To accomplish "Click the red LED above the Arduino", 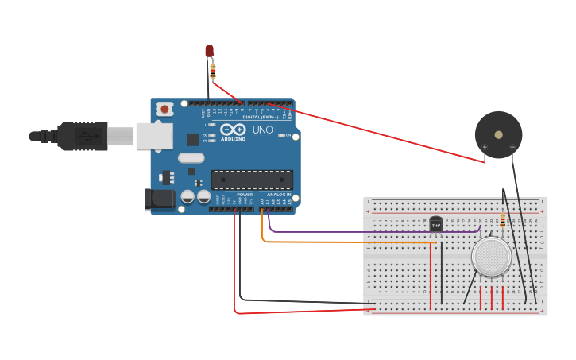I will click(x=209, y=51).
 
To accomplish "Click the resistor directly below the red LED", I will click(x=212, y=72).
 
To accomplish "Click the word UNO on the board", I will click(x=262, y=130).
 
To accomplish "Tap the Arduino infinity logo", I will click(x=233, y=130).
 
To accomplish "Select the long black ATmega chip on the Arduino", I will click(x=252, y=180).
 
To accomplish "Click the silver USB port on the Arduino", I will click(x=153, y=136).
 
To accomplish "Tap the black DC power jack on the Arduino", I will click(x=159, y=199).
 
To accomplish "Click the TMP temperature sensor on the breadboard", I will click(x=435, y=224).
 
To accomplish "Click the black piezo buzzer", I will click(x=498, y=134).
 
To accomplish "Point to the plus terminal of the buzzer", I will click(x=485, y=147).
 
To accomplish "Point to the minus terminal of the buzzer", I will click(x=512, y=147).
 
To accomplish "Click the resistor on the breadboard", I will click(x=502, y=220).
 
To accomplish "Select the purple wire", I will click(x=350, y=232).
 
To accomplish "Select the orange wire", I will click(x=334, y=242).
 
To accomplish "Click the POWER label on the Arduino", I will click(x=245, y=195).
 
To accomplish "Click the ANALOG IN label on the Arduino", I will click(x=278, y=195).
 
